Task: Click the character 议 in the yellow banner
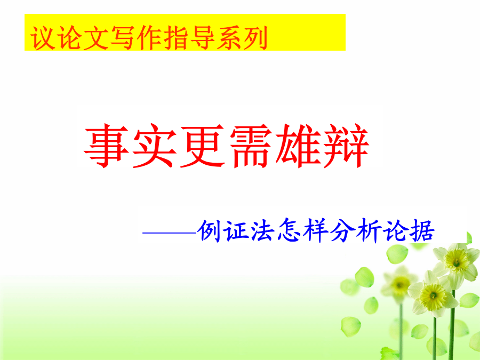(43, 38)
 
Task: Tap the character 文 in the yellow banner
(95, 38)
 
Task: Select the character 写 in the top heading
(122, 38)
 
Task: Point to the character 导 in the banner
(202, 38)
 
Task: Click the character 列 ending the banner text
(255, 38)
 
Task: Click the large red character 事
(106, 146)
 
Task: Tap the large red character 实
(155, 146)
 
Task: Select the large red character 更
(203, 146)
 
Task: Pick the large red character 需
(251, 146)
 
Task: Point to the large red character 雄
(299, 146)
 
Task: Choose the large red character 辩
(346, 146)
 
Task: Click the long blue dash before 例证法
(169, 233)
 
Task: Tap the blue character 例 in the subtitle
(210, 230)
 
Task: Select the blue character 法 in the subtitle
(262, 230)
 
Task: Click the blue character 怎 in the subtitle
(289, 230)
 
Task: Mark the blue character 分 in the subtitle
(342, 230)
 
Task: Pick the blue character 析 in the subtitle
(369, 230)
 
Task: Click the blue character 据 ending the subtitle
(422, 230)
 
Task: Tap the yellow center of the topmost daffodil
(456, 261)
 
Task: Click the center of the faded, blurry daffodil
(400, 285)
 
